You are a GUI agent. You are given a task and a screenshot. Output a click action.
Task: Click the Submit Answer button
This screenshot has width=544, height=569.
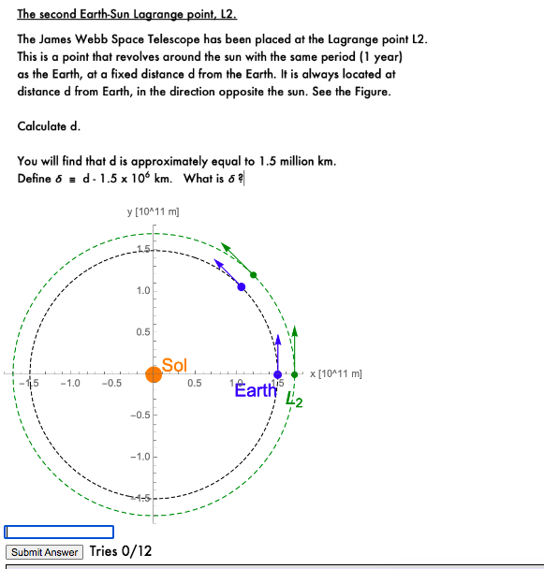(x=44, y=552)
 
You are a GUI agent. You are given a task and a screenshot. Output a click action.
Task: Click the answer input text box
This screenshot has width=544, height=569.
(x=59, y=532)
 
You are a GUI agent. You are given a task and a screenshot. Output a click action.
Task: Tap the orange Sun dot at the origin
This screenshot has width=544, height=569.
(x=154, y=374)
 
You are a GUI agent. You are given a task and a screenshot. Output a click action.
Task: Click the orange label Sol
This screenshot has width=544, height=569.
(x=175, y=364)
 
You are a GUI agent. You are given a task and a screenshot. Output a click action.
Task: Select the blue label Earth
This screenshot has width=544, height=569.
(x=256, y=390)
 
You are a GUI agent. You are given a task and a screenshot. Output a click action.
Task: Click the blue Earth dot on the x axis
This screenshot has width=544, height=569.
(x=277, y=374)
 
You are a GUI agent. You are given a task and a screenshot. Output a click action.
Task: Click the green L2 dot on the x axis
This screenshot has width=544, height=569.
(x=295, y=374)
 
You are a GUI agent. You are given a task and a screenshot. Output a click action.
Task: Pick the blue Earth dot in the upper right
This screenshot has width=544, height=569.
(x=242, y=286)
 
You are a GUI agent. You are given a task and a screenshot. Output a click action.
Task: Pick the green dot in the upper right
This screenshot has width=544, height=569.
(x=254, y=274)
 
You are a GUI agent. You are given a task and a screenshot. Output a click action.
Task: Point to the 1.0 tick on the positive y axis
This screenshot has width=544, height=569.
(x=142, y=290)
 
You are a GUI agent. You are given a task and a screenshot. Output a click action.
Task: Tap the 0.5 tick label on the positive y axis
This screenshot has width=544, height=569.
(x=142, y=332)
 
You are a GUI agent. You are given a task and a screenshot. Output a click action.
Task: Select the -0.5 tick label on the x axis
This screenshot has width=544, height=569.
(x=111, y=383)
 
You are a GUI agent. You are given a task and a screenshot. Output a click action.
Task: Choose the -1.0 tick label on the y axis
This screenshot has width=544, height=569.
(x=140, y=457)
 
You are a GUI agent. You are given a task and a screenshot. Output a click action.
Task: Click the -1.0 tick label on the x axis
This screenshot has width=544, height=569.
(x=69, y=383)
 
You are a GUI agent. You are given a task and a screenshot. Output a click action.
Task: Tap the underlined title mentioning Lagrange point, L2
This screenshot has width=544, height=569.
(x=127, y=15)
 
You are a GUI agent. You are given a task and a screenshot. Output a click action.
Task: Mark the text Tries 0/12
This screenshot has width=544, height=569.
(x=121, y=551)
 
